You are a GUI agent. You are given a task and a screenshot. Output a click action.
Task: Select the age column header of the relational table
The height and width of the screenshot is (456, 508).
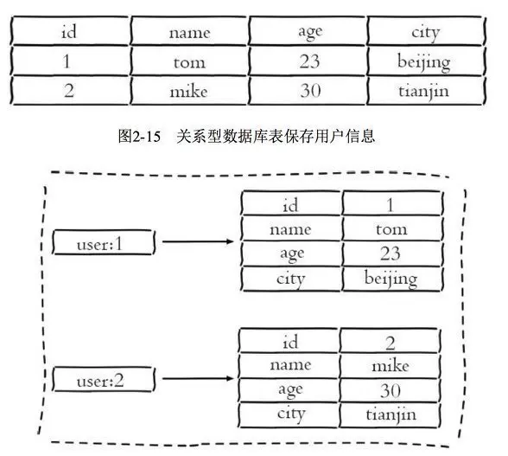308,33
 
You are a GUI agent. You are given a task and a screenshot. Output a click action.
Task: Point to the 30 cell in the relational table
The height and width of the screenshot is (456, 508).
308,91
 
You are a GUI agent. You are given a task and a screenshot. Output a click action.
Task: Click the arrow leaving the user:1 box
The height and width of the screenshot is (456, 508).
198,241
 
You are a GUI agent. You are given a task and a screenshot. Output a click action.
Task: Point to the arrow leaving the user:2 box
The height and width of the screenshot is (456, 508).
196,378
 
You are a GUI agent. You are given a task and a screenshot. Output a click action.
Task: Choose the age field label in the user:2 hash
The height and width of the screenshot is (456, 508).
289,390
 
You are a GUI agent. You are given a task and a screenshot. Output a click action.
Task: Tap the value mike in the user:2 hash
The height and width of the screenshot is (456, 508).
390,366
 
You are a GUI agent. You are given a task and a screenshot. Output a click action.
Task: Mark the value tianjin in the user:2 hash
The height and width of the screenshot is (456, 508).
390,414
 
